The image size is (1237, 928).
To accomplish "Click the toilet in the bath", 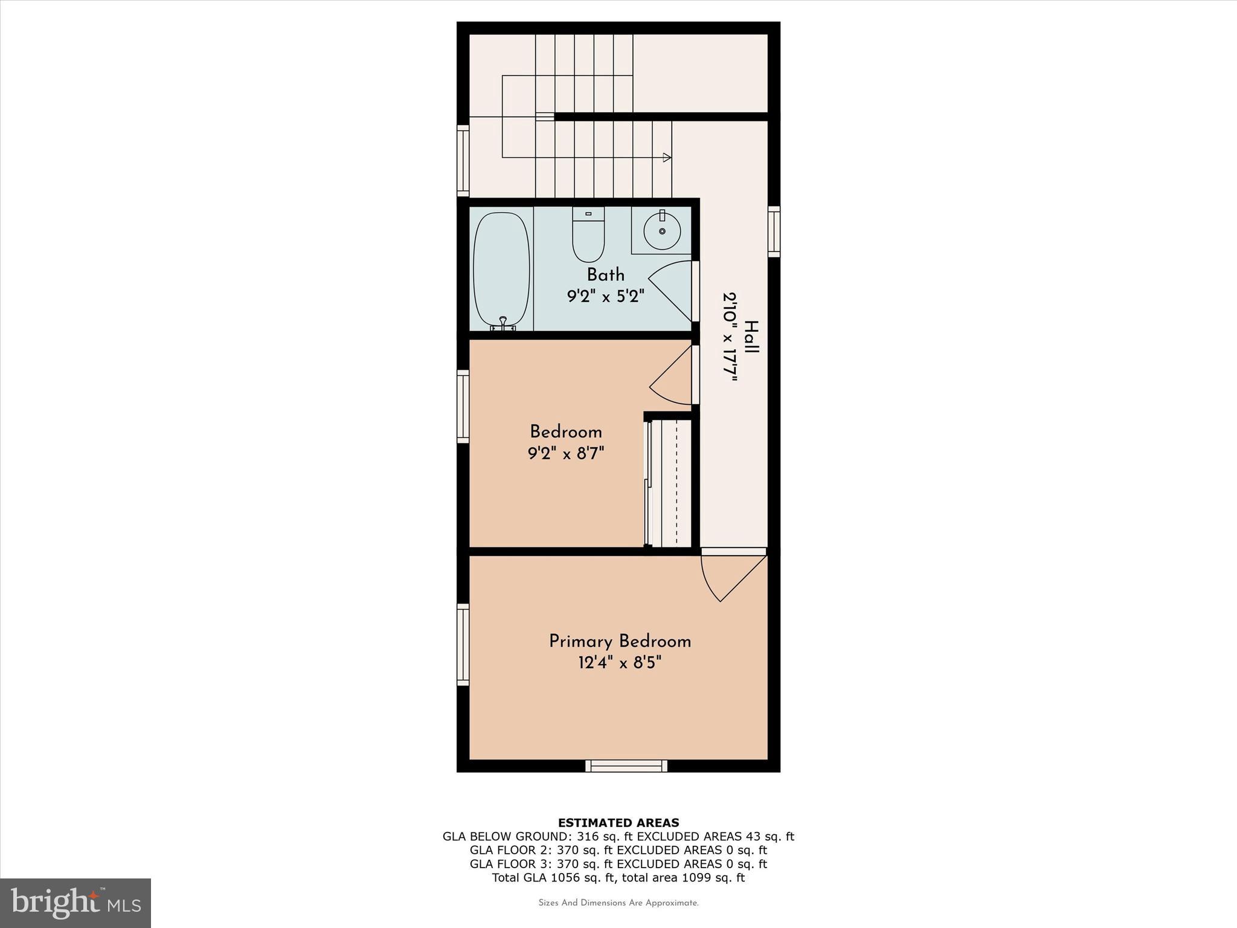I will [x=588, y=236].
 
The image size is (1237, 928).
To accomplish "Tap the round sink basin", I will [x=662, y=231].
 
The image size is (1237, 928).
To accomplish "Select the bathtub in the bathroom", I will [x=501, y=271].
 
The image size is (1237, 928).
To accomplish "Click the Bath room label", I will [x=605, y=275].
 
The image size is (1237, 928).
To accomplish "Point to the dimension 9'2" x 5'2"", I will [x=605, y=297].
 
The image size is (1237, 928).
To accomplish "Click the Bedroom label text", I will [x=566, y=432].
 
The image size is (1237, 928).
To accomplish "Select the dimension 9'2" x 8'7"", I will [x=566, y=454].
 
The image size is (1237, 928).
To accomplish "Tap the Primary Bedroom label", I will [x=620, y=641].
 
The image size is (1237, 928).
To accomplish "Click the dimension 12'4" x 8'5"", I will [x=620, y=663].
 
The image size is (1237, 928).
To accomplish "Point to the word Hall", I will [x=751, y=337].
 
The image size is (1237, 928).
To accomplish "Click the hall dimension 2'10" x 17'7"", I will [x=730, y=337].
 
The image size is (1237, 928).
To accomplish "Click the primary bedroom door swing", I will [x=731, y=577].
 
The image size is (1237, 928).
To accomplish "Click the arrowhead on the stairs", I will [x=667, y=158].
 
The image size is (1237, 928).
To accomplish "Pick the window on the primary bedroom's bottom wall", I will [x=626, y=766].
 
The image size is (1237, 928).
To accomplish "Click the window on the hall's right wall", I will [x=774, y=231].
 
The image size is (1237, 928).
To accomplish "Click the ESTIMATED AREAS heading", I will [x=618, y=822].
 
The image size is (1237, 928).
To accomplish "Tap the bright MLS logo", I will [x=76, y=903].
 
